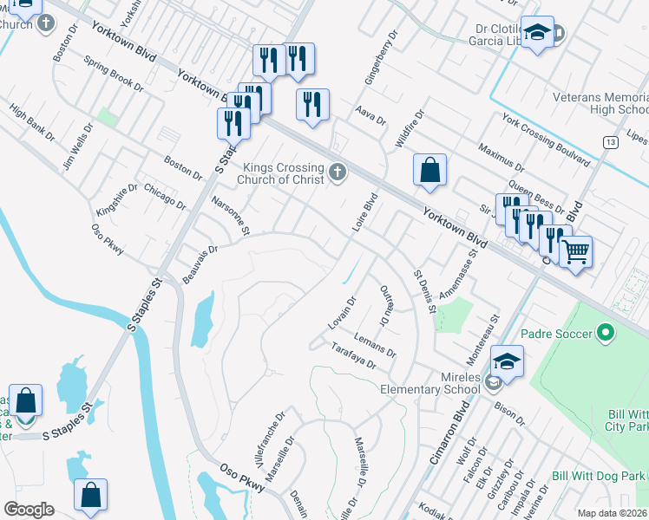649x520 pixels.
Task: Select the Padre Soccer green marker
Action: pyautogui.click(x=606, y=333)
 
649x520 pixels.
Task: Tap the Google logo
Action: pyautogui.click(x=29, y=509)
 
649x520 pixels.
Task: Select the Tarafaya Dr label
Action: pyautogui.click(x=353, y=355)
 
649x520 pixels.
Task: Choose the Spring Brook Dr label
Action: pyautogui.click(x=114, y=74)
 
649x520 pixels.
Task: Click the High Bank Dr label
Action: pyautogui.click(x=32, y=125)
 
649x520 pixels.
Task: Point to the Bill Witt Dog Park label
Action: pyautogui.click(x=600, y=476)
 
